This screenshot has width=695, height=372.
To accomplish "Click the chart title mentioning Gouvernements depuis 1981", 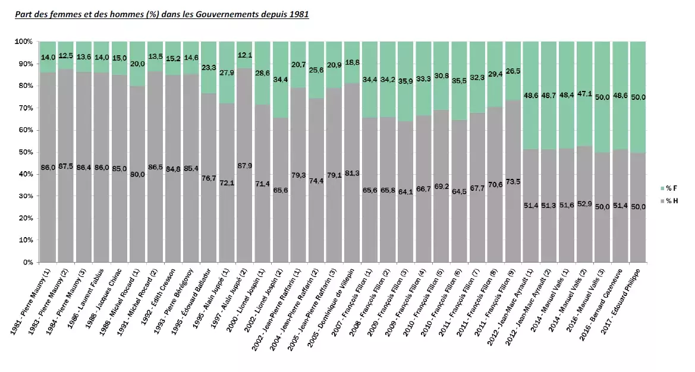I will (162, 14).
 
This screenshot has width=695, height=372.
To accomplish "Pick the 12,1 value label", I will (245, 55).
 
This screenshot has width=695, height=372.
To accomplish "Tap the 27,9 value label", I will (227, 72).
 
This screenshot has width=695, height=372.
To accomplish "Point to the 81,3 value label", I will (353, 173).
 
